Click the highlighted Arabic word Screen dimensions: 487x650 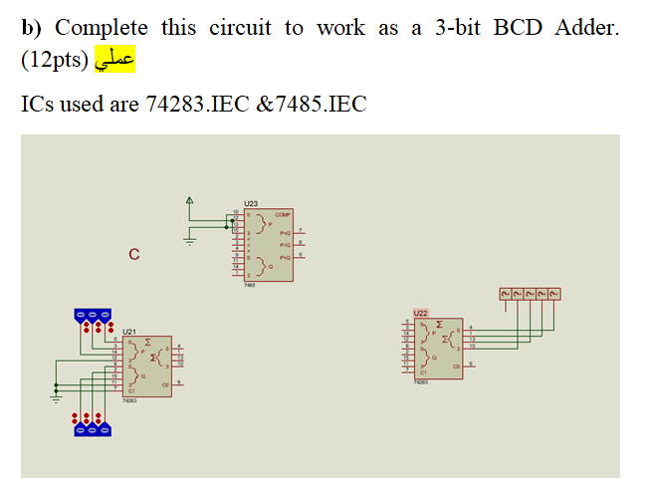point(114,62)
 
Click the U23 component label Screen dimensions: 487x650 point(250,203)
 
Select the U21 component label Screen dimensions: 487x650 point(129,330)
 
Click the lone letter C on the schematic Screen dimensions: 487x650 point(133,256)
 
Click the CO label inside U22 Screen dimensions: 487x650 point(456,366)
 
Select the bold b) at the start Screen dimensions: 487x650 point(31,28)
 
